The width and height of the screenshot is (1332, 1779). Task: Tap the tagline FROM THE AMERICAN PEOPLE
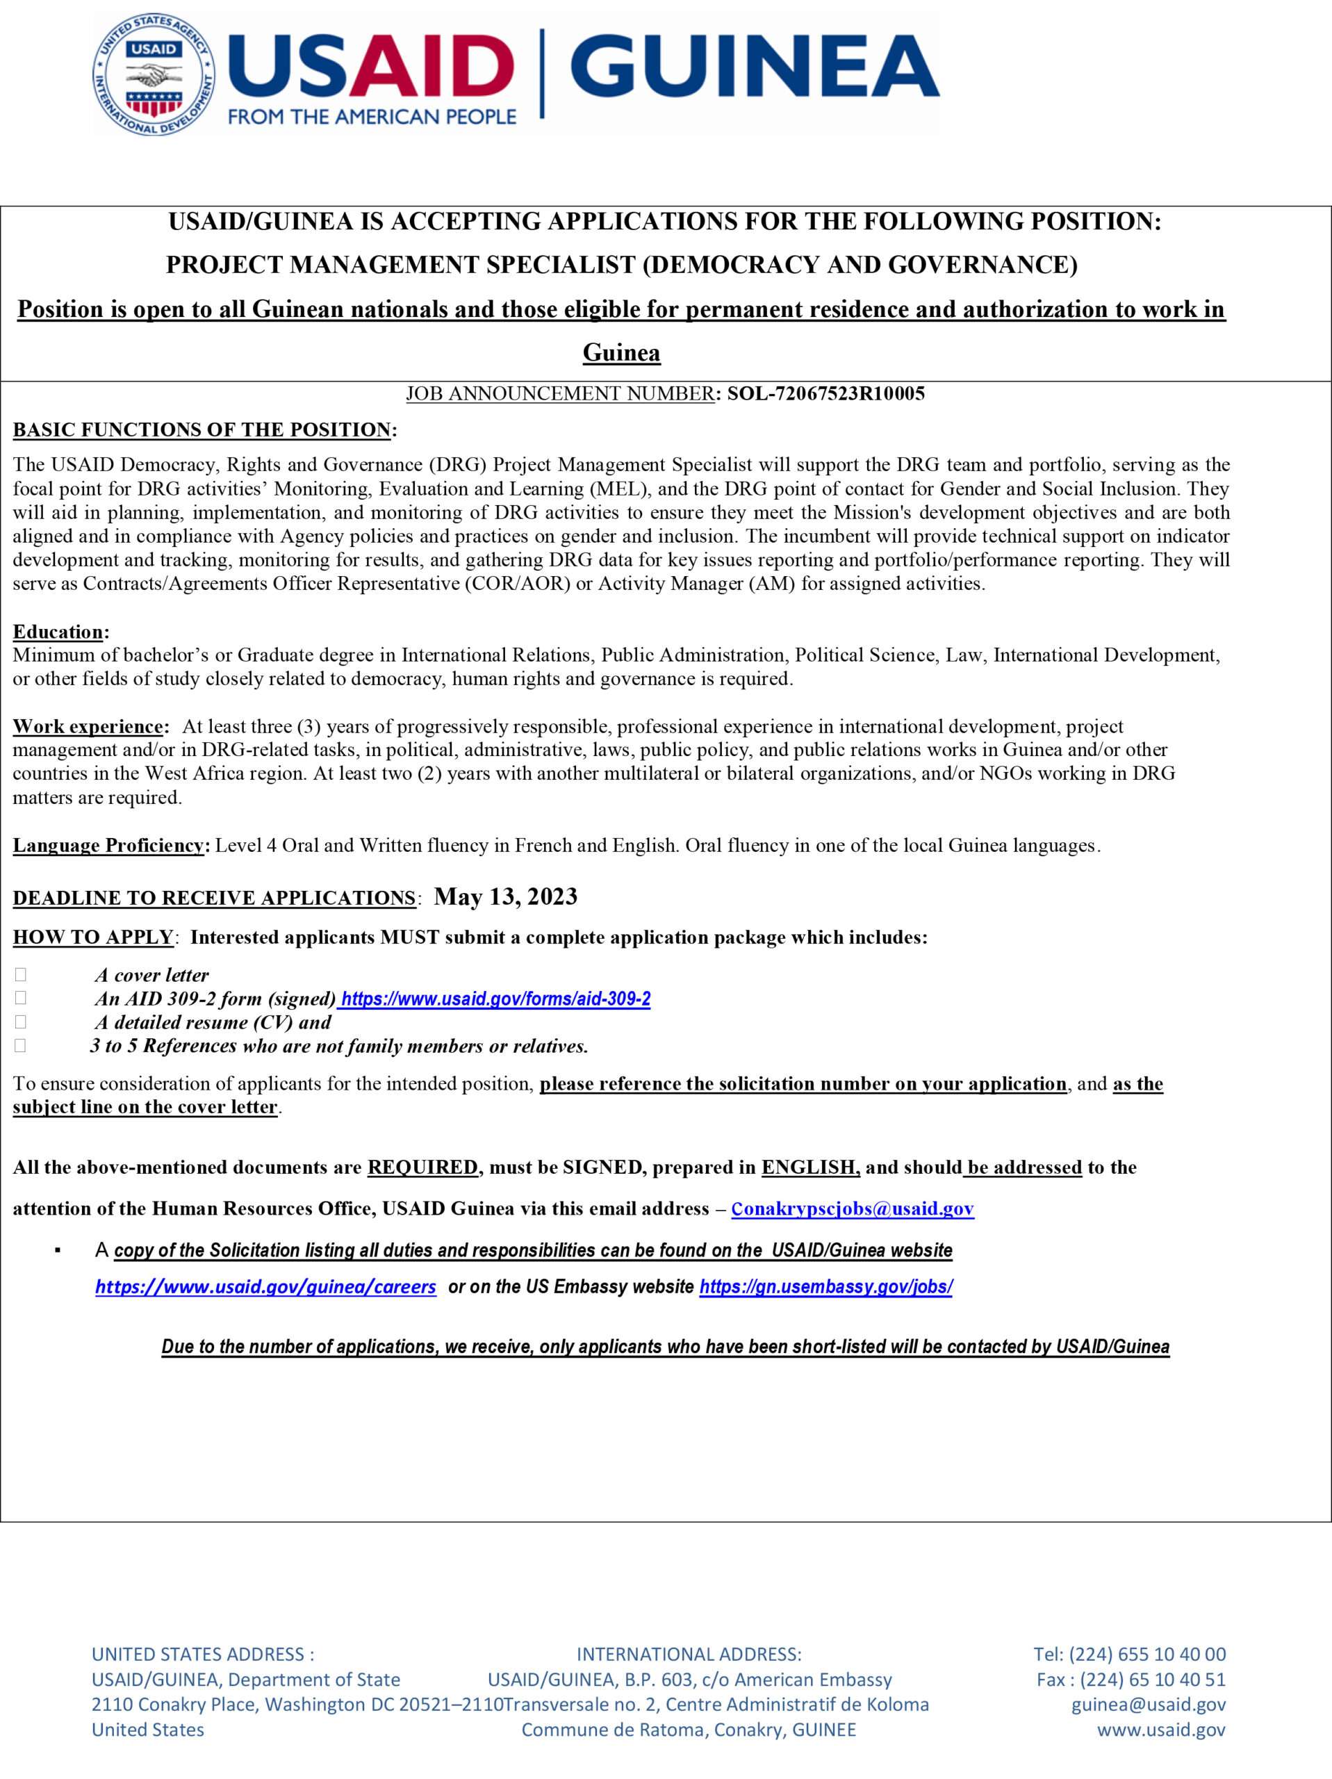coord(372,117)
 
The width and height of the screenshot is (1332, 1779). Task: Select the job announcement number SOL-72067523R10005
coord(826,393)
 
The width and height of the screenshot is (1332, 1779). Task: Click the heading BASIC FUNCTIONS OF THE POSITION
coord(202,429)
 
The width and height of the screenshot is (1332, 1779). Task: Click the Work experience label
coord(88,726)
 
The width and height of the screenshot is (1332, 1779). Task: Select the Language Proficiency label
coord(108,845)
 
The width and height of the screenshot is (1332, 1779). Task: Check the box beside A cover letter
coord(20,975)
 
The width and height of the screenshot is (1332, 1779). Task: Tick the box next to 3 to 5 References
coord(20,1046)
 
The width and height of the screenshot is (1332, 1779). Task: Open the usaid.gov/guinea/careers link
coord(265,1287)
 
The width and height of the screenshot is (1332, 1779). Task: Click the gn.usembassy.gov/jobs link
coord(825,1287)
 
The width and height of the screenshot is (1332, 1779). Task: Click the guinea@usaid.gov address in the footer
coord(1148,1704)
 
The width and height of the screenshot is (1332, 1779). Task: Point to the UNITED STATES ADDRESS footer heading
coord(203,1655)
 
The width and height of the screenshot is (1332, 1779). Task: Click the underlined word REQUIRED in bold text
coord(422,1167)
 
